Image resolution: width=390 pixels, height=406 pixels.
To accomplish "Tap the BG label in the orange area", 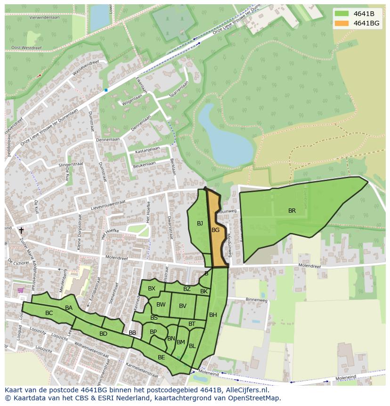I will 215,230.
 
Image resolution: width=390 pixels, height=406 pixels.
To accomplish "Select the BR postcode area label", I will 292,211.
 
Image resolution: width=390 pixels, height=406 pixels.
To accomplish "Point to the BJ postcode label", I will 200,224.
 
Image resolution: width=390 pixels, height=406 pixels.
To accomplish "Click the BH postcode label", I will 213,315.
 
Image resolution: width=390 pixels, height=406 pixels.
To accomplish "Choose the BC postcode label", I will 49,313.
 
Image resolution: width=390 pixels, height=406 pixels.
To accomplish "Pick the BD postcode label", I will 103,334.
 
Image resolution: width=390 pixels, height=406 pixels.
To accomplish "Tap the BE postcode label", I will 161,357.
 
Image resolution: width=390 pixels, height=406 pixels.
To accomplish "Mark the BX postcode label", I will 151,289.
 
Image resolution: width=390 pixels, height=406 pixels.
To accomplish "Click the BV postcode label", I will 183,306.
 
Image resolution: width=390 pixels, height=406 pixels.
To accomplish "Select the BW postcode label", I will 161,305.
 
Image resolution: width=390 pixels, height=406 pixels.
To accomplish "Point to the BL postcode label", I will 192,346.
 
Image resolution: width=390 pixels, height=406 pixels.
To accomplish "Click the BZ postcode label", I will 187,289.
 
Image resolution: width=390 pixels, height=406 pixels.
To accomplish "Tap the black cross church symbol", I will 21,231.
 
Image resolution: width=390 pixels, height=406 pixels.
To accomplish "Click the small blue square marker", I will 106,90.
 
